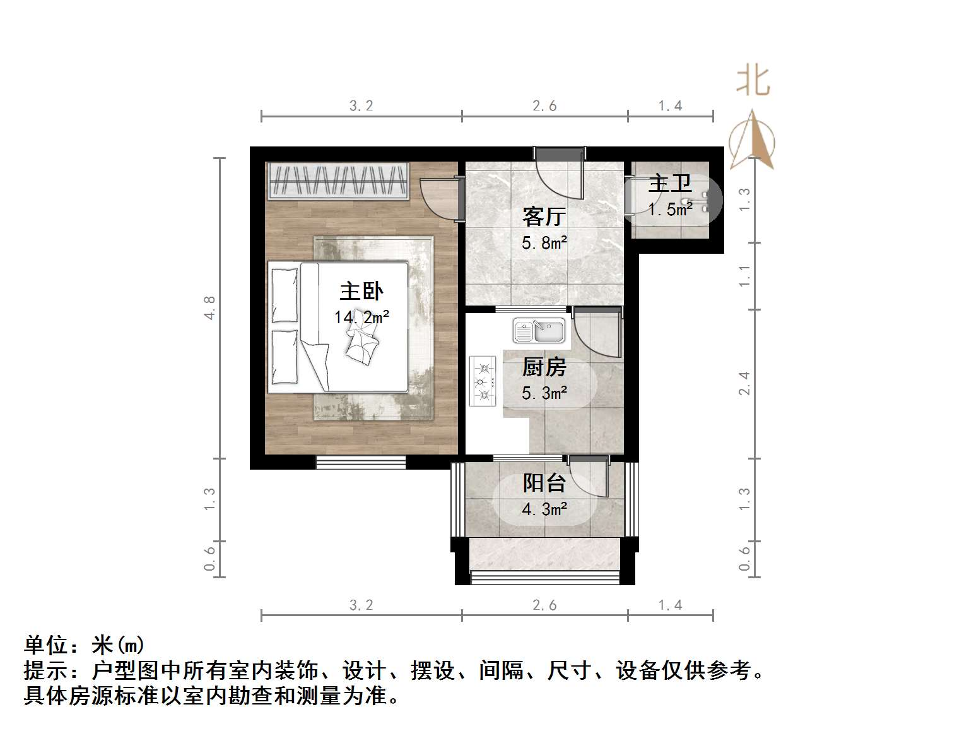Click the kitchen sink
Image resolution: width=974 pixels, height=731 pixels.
[539, 331]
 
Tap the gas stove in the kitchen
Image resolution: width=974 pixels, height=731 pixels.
[483, 381]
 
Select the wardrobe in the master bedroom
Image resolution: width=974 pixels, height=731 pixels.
[338, 181]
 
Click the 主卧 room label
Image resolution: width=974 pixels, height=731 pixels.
[361, 292]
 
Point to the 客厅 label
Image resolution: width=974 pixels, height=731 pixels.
[544, 217]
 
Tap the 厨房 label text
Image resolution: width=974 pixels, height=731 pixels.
[544, 367]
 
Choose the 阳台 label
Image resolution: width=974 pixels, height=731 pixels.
[544, 484]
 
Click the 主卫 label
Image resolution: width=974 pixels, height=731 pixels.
[670, 184]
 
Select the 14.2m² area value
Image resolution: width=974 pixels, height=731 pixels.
[361, 317]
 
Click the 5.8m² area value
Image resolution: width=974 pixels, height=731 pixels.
[544, 242]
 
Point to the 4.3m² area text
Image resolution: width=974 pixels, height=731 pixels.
[544, 509]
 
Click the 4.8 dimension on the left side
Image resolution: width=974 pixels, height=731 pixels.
[209, 308]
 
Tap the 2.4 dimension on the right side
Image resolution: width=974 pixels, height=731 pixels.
[745, 383]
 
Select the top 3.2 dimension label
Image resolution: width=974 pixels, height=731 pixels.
[361, 106]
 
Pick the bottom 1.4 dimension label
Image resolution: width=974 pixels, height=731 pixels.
[670, 605]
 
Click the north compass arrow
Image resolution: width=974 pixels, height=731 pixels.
[752, 140]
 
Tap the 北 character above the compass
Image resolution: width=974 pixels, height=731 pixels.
[753, 81]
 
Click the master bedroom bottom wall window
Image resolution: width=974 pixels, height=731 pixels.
[361, 462]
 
